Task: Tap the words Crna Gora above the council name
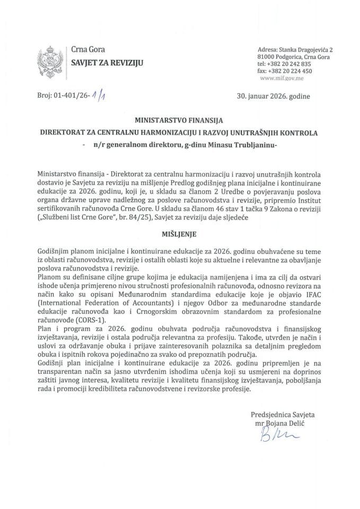(85, 50)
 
